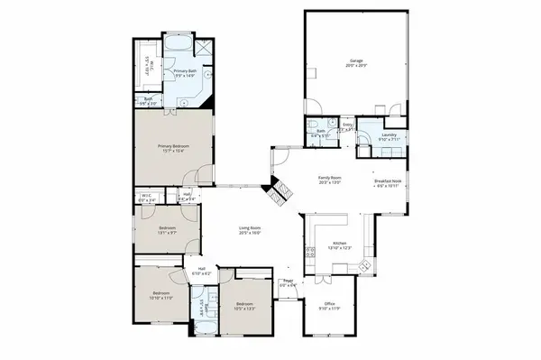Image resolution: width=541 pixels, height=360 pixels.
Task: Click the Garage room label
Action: coord(357,63)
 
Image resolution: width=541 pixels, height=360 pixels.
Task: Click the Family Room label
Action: coord(331,180)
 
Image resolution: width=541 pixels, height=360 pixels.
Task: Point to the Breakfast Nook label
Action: coord(388,183)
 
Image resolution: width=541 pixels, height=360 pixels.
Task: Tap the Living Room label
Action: coord(250,231)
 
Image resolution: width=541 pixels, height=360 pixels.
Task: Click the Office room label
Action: coord(330,306)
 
